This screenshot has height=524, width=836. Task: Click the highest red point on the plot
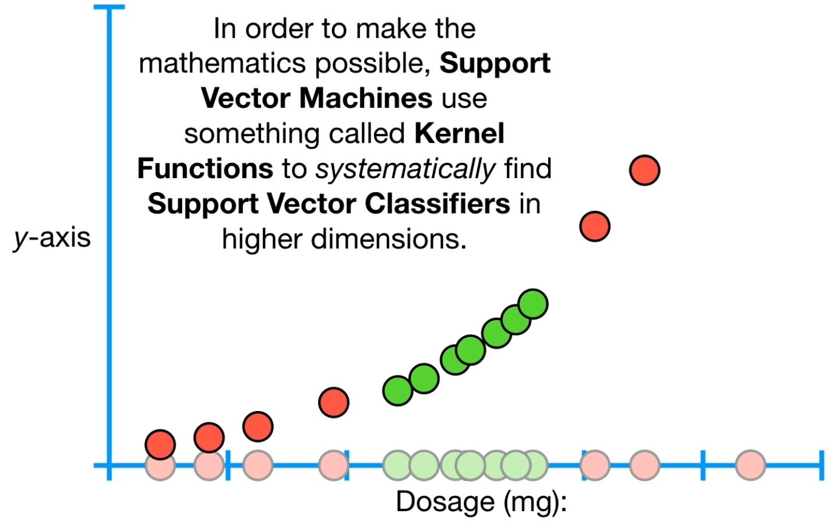644,171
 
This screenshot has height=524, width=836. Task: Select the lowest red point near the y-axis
160,445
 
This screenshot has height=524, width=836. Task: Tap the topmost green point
532,304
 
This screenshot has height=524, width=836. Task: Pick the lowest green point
398,390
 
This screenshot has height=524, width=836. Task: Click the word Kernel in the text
459,134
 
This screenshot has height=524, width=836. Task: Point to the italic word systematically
405,169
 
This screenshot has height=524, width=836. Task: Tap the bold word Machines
366,98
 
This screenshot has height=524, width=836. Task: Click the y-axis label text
52,238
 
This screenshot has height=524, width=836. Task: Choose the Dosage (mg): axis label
481,502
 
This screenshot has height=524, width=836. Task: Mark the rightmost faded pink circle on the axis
750,465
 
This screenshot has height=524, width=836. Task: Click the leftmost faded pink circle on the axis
160,465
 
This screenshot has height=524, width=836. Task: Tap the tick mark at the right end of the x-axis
821,465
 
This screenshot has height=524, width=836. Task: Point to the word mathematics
224,63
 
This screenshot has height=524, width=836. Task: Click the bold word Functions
205,169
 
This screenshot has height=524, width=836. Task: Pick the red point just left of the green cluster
334,402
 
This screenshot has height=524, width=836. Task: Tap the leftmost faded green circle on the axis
398,465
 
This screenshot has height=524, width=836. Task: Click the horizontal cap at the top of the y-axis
110,7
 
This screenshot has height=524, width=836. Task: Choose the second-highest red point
595,226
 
